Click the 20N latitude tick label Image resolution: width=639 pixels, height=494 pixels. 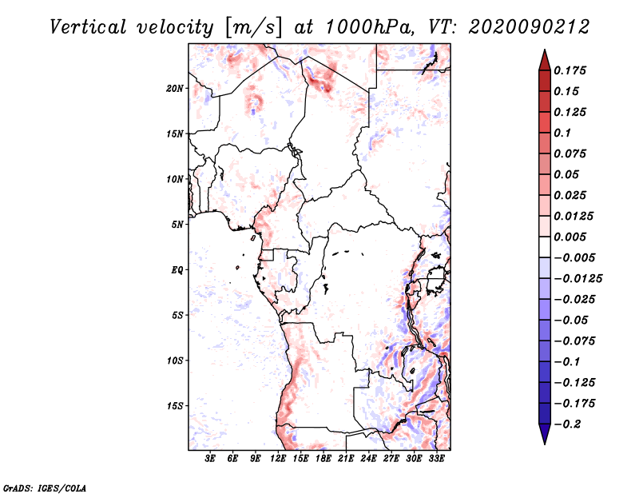tap(175, 89)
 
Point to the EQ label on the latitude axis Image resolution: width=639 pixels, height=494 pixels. tap(177, 270)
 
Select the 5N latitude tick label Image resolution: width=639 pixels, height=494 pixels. tap(177, 225)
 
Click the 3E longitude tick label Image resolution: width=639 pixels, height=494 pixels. tap(210, 459)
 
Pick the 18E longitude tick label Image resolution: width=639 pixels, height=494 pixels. tap(323, 459)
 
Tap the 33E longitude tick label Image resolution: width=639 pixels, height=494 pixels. tap(436, 459)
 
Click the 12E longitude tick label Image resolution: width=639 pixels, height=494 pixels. tap(278, 459)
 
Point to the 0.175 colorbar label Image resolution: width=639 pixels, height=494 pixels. tap(570, 70)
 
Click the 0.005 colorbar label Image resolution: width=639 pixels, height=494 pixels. tap(570, 237)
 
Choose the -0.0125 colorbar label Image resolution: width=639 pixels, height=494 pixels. tap(577, 279)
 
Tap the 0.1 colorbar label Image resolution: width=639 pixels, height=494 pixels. tap(562, 133)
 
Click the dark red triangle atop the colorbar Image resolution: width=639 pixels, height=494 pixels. tap(545, 60)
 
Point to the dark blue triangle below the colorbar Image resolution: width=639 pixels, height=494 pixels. tap(545, 434)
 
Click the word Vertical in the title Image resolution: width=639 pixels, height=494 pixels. tap(88, 27)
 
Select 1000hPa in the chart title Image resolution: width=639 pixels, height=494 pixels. tap(367, 27)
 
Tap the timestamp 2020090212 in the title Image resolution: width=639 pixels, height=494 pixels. tap(529, 27)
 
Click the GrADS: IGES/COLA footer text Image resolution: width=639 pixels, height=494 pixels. tap(45, 488)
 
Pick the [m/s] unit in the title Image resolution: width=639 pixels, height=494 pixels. tap(253, 27)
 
